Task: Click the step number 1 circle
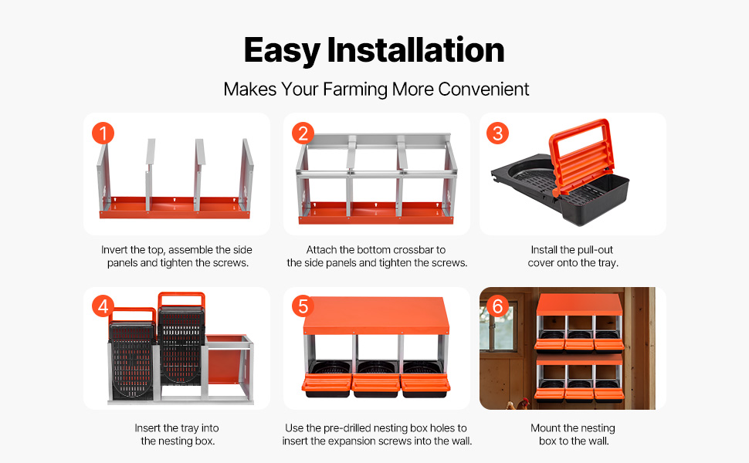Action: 103,133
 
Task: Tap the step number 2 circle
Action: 303,133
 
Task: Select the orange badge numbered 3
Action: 498,133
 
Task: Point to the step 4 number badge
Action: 103,306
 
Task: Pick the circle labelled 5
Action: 303,306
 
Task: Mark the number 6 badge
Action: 498,306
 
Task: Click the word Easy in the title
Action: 282,52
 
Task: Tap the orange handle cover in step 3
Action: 581,154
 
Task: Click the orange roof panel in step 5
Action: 376,315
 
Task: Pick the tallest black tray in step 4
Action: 181,339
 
